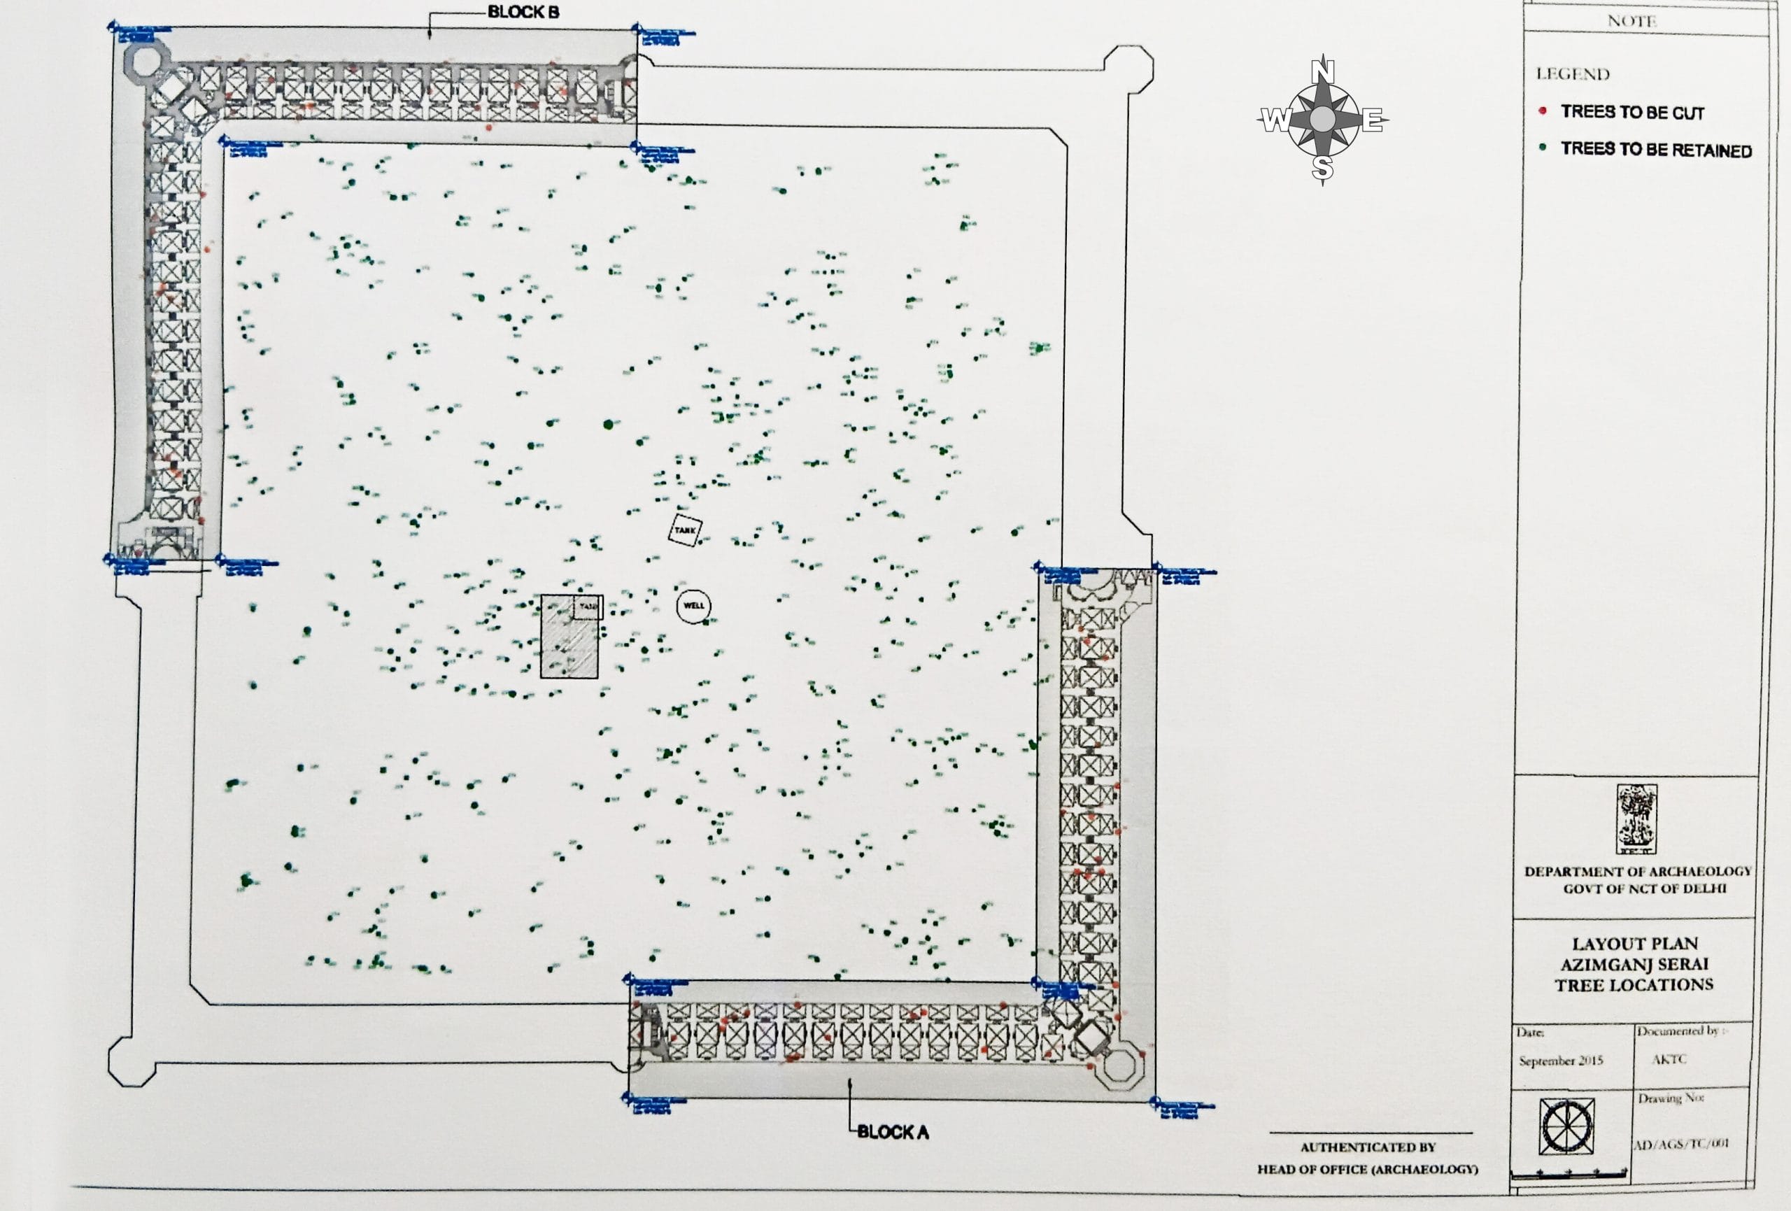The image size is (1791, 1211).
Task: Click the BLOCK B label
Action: [523, 13]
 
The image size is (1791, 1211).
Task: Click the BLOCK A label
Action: [893, 1133]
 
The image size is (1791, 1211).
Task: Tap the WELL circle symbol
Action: [693, 606]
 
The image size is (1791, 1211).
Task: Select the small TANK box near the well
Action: [684, 530]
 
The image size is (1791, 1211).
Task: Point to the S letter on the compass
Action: [1322, 168]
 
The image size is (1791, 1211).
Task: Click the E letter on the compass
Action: [1372, 121]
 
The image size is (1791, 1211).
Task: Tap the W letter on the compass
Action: [1274, 121]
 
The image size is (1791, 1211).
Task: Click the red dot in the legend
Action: [1542, 111]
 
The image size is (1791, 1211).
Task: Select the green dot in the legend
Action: [1542, 147]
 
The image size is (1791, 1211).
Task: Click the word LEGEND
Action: [1573, 75]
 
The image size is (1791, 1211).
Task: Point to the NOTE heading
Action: [1631, 21]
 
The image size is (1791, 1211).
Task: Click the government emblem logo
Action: [1637, 819]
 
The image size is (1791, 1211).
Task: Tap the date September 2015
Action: [1561, 1061]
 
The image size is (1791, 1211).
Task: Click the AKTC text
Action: [1669, 1059]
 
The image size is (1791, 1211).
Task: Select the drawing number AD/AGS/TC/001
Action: [1680, 1143]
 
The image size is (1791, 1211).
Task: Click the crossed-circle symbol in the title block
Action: [1566, 1127]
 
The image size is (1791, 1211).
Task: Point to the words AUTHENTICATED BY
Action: [1368, 1147]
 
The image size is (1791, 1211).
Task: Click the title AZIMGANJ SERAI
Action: [1634, 964]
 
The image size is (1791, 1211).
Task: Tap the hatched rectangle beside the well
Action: [569, 637]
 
